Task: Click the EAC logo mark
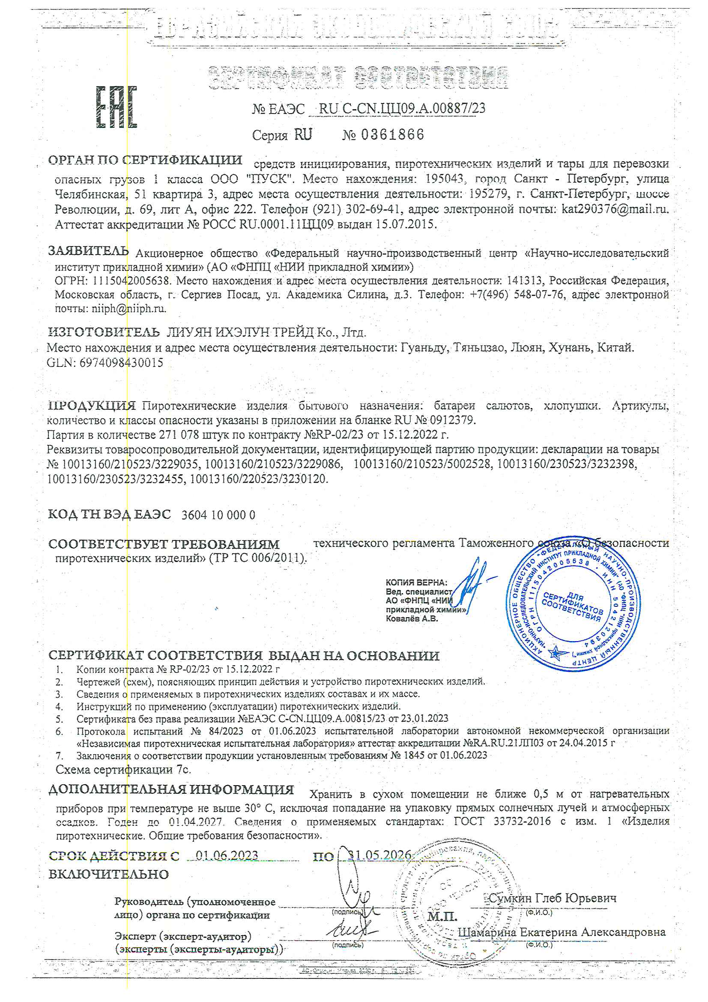(117, 107)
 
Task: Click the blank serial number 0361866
(392, 135)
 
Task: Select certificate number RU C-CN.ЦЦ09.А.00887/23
(402, 108)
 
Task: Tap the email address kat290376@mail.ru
(615, 209)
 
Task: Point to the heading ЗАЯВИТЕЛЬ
(89, 251)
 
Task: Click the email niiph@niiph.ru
(128, 309)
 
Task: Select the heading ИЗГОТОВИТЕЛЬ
(104, 332)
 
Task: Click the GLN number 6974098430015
(121, 362)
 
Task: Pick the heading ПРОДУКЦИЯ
(92, 405)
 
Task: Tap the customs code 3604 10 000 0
(218, 515)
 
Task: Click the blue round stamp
(573, 606)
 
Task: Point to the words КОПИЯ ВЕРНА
(416, 582)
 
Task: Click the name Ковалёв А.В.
(412, 618)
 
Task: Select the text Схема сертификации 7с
(123, 769)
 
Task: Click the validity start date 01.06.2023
(227, 855)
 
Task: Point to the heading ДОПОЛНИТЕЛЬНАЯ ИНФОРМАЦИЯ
(171, 789)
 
